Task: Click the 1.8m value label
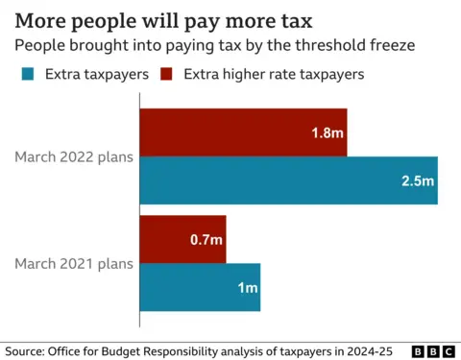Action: (327, 132)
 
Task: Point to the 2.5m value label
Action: (418, 180)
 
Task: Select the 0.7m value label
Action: (206, 239)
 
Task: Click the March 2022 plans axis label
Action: (73, 156)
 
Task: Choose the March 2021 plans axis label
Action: (73, 263)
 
